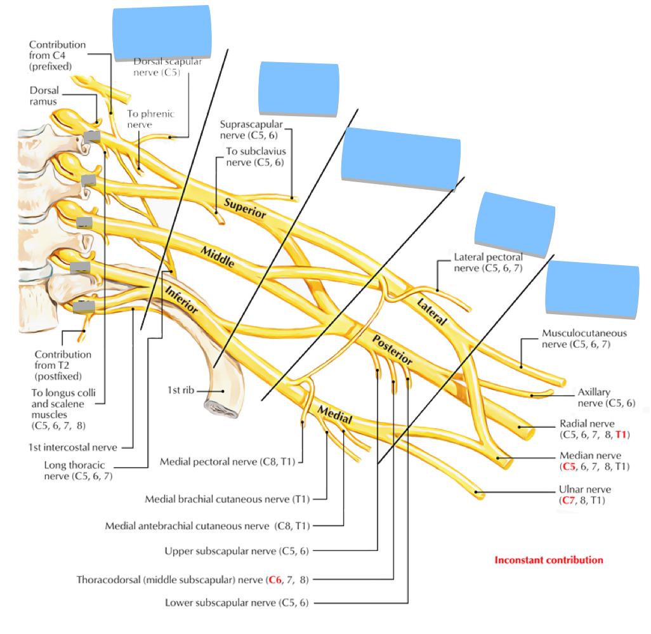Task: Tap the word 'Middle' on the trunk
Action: (x=218, y=257)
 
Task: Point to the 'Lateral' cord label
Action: (x=431, y=311)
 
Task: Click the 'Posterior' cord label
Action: (x=392, y=350)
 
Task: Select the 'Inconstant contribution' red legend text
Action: (x=548, y=560)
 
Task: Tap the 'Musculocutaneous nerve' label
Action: (x=584, y=338)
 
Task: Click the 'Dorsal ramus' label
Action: (x=44, y=96)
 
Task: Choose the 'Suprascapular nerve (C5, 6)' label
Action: (x=251, y=129)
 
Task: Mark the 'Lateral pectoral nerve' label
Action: (x=488, y=262)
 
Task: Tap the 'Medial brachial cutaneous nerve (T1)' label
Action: (x=227, y=499)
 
